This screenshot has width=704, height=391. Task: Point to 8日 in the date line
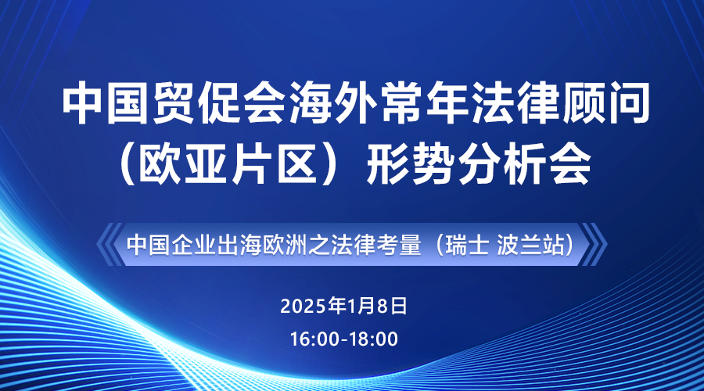pyautogui.click(x=392, y=307)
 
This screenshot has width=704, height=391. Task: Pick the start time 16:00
pyautogui.click(x=314, y=339)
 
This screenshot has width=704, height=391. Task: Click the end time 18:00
pyautogui.click(x=374, y=339)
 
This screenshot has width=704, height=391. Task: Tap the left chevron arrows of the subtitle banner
pyautogui.click(x=110, y=245)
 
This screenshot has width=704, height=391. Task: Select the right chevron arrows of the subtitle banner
pyautogui.click(x=594, y=245)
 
